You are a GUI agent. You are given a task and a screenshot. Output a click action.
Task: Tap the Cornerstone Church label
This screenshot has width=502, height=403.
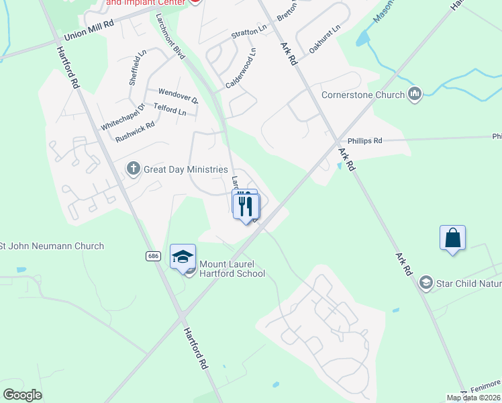(x=363, y=95)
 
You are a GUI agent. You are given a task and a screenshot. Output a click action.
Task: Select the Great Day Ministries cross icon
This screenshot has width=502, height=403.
(x=133, y=169)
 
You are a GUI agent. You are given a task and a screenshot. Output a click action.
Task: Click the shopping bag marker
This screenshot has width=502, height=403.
(x=452, y=238)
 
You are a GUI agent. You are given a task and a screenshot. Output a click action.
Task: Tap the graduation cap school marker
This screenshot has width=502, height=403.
(x=183, y=257)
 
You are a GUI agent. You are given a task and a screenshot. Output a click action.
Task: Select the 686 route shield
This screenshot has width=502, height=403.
(x=154, y=257)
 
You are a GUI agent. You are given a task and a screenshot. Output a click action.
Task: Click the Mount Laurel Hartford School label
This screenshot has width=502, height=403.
(x=232, y=269)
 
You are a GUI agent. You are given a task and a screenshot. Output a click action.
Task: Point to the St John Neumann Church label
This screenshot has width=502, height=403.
(x=52, y=246)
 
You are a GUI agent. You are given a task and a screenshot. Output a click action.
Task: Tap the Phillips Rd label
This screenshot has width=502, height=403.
(x=364, y=141)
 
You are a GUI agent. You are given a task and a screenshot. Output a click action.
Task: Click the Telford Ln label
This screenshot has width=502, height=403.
(x=170, y=108)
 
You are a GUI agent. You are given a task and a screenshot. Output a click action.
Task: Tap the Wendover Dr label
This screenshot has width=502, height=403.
(x=178, y=95)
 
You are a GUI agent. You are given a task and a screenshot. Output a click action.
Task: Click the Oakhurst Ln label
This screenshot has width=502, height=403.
(x=325, y=40)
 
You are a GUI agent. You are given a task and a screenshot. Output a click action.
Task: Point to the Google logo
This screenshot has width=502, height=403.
(x=22, y=395)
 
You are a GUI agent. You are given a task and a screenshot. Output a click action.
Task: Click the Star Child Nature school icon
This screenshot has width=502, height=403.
(x=425, y=283)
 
